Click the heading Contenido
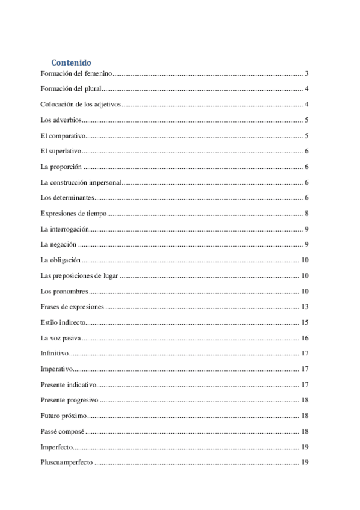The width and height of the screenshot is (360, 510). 72,62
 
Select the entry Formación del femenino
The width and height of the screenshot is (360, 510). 76,73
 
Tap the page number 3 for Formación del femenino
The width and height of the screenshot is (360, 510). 307,73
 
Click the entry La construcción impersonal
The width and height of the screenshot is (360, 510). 81,182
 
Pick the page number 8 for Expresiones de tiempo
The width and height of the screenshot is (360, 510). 307,214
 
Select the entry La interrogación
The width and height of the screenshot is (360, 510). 64,229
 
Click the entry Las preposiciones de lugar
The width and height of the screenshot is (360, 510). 79,276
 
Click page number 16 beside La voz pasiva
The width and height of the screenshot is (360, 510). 305,338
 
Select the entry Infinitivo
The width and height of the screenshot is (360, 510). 54,354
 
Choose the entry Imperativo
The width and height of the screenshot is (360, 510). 56,369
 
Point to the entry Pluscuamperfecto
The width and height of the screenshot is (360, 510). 66,462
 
